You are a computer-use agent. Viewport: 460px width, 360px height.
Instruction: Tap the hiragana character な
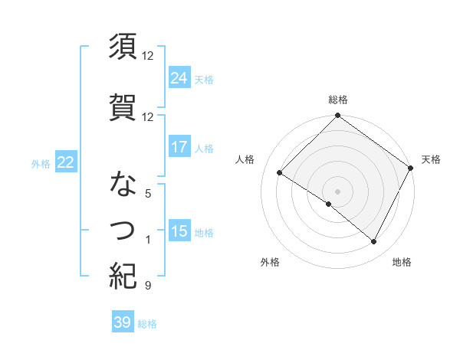coord(123,185)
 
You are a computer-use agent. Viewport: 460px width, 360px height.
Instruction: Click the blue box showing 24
coord(179,77)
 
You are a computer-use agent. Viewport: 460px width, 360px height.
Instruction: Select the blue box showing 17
coord(179,147)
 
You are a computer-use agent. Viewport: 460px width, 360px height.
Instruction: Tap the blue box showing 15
coord(179,232)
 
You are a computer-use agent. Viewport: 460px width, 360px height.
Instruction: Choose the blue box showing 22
coord(65,162)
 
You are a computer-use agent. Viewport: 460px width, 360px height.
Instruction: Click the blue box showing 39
coord(123,322)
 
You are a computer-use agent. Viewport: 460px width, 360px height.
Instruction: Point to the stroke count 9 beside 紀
coord(147,286)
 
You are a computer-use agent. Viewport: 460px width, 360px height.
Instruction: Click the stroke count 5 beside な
coord(147,194)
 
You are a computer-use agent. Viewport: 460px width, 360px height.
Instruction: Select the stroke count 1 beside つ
coord(147,240)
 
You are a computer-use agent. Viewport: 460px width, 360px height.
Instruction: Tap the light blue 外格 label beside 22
coord(41,163)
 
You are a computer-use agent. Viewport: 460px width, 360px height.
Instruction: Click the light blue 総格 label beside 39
coord(148,323)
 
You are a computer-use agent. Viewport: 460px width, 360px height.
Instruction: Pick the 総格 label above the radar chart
coord(337,100)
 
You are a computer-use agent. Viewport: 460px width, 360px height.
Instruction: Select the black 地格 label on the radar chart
coord(402,262)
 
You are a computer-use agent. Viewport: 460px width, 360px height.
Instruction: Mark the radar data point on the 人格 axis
coord(280,173)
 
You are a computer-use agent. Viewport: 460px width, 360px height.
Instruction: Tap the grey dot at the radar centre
coord(337,191)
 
